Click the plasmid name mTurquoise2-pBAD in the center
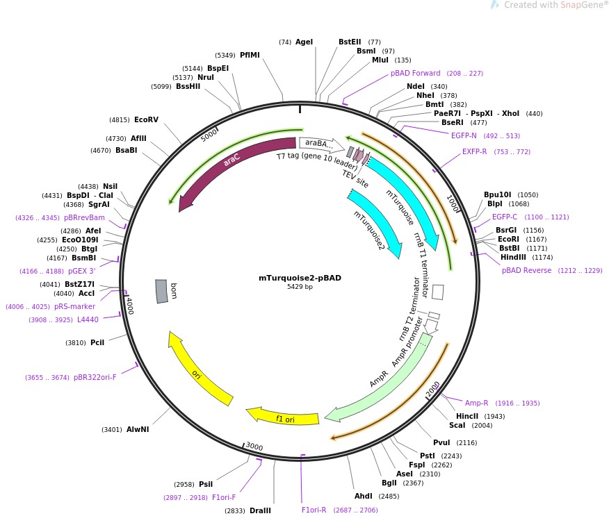[300, 278]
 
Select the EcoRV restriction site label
[146, 119]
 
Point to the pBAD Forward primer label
[415, 73]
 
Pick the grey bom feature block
[161, 291]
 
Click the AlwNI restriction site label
[138, 429]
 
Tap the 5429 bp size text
[300, 287]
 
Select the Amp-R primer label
[477, 403]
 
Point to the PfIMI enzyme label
[250, 55]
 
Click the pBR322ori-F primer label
[95, 377]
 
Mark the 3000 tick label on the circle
[254, 446]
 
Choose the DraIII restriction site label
[260, 510]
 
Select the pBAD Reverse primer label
[526, 270]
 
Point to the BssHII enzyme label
[188, 86]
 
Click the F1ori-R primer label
[314, 510]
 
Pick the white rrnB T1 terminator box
[438, 291]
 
